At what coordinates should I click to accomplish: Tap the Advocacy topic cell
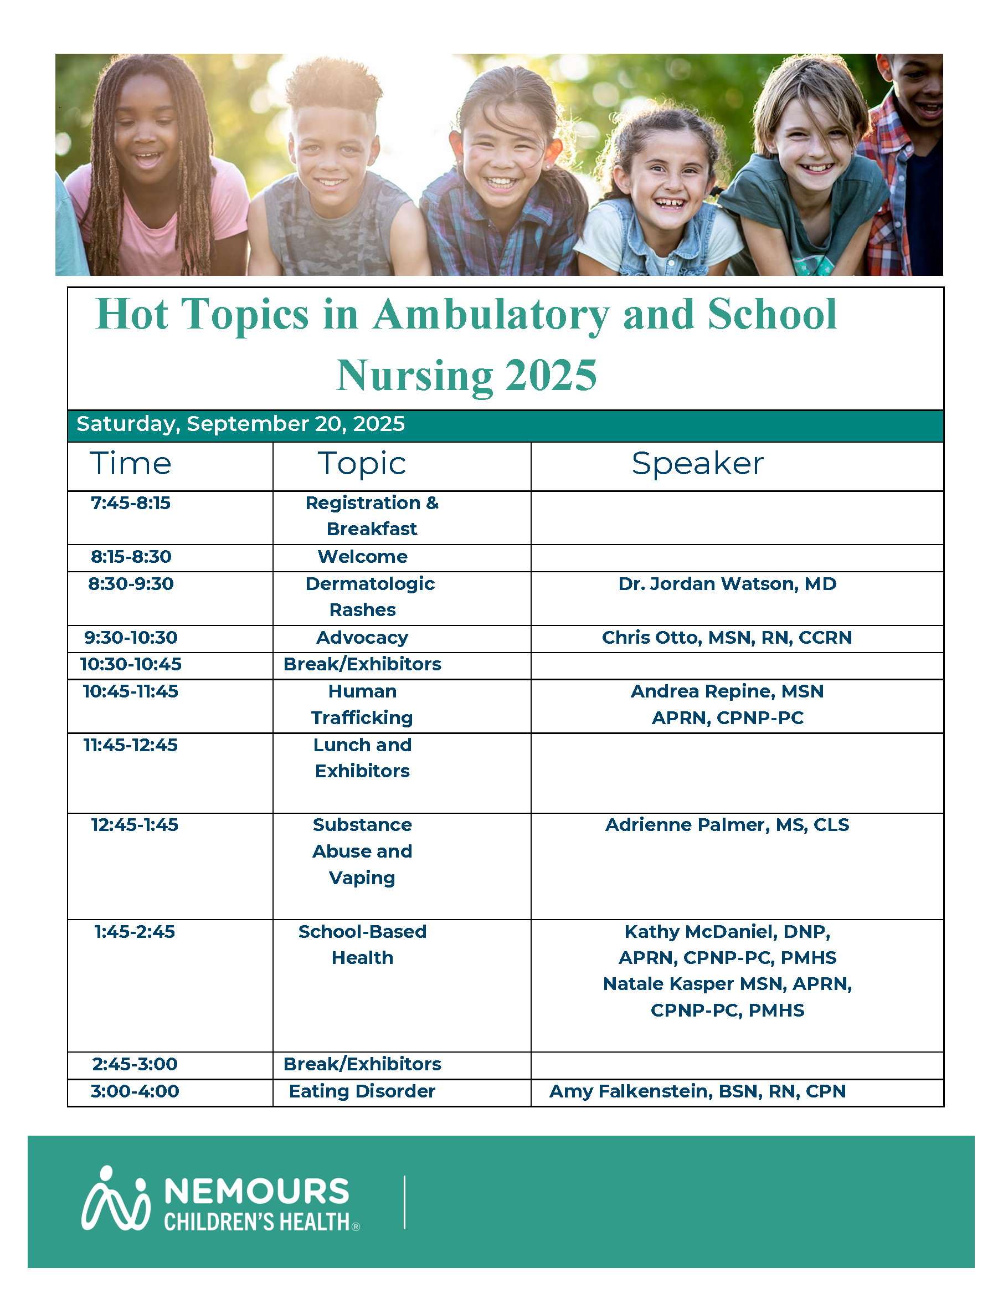(x=362, y=637)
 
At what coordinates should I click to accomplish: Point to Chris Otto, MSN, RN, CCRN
(x=727, y=637)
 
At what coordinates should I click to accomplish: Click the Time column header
(x=131, y=464)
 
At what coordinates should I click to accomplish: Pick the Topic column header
(x=362, y=464)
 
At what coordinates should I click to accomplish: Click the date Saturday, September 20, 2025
(x=241, y=424)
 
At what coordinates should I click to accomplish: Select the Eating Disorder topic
(x=362, y=1091)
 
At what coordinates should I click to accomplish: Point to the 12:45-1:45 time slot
(x=134, y=825)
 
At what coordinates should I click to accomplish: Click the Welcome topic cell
(x=362, y=557)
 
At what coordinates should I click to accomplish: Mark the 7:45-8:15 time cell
(x=131, y=503)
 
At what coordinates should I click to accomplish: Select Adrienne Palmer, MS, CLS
(x=727, y=825)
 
